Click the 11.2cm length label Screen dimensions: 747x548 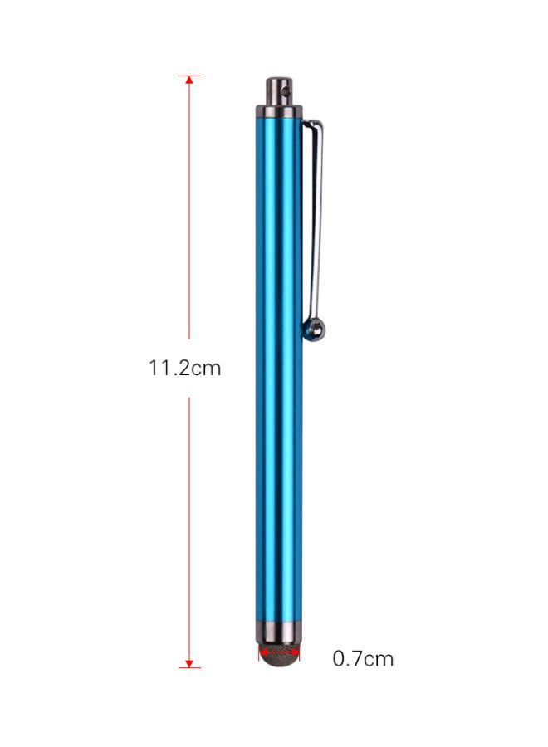[x=184, y=368]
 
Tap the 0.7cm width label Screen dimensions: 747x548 [x=363, y=659]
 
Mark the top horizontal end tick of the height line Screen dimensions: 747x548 [x=189, y=76]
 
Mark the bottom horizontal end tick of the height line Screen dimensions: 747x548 [x=189, y=666]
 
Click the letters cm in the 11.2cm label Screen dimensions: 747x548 [x=207, y=369]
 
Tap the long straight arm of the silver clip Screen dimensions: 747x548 [x=316, y=224]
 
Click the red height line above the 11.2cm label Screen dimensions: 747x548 [x=189, y=207]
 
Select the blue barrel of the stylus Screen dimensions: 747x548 [x=278, y=373]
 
